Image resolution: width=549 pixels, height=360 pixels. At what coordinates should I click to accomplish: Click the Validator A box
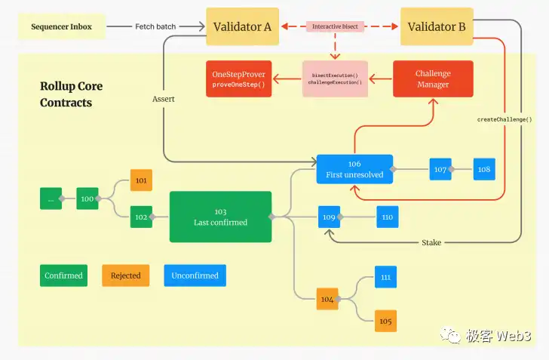242,26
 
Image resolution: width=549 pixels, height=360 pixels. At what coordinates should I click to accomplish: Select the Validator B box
437,26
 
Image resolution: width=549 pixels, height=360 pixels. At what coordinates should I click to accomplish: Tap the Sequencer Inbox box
62,27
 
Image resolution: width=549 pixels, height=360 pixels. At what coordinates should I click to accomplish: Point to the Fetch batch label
155,27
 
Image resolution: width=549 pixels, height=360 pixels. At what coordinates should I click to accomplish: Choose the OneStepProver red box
239,78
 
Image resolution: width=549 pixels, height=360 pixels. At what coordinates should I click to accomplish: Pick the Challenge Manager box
433,78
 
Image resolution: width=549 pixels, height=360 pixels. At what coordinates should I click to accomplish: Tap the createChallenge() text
505,119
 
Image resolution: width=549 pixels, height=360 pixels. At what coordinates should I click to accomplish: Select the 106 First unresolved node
354,169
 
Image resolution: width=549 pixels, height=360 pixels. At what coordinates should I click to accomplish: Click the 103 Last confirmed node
220,217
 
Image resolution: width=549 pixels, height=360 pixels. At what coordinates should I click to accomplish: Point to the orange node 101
141,180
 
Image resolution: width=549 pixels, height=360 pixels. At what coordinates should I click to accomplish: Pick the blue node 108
484,169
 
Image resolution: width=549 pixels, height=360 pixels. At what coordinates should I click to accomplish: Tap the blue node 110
388,217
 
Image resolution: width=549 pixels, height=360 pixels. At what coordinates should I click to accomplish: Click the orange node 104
327,300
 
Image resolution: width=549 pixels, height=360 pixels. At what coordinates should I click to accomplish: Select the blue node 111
385,277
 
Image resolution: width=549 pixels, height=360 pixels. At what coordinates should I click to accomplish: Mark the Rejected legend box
126,275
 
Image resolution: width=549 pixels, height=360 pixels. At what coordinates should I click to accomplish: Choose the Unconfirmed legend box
195,275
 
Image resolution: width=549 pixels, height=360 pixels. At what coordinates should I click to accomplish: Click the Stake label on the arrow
431,242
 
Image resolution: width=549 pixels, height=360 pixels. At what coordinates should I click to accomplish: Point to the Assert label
163,99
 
